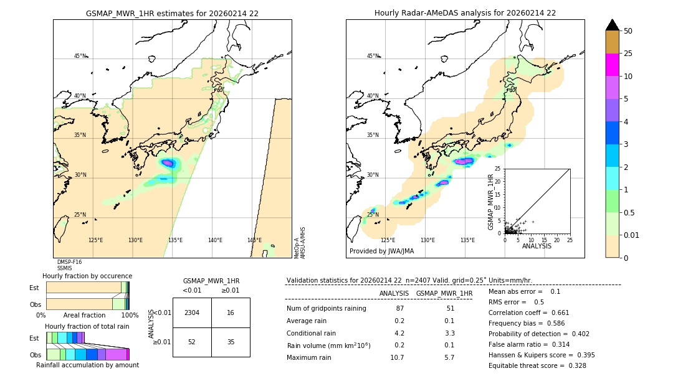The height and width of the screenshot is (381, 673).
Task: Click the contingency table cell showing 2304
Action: click(x=192, y=313)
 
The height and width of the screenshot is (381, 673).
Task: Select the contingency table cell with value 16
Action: click(x=231, y=313)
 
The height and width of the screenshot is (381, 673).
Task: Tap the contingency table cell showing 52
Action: click(x=192, y=342)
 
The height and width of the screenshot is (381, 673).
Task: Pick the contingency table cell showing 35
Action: click(x=231, y=342)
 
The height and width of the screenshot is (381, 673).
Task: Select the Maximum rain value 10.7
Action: click(x=398, y=357)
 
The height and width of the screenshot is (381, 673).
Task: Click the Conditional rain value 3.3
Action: click(x=449, y=333)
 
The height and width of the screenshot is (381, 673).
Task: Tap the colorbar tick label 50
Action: click(x=628, y=31)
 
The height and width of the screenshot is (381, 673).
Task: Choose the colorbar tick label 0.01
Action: click(x=632, y=235)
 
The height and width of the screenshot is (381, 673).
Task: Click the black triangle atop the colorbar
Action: click(x=613, y=25)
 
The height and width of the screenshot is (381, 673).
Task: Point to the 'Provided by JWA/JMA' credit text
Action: click(x=381, y=252)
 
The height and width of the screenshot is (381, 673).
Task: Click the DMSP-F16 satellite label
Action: click(x=69, y=262)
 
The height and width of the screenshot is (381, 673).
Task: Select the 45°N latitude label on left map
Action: click(x=80, y=56)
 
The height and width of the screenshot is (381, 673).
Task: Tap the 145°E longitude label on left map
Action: click(x=254, y=240)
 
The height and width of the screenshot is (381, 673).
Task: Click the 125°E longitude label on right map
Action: click(x=388, y=240)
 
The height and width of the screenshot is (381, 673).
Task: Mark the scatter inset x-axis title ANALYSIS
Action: click(x=537, y=246)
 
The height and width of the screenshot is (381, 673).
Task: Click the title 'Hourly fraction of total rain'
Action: click(x=87, y=327)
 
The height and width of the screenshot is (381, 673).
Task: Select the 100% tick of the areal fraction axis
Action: click(x=130, y=316)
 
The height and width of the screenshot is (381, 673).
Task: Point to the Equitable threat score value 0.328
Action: click(x=575, y=365)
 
